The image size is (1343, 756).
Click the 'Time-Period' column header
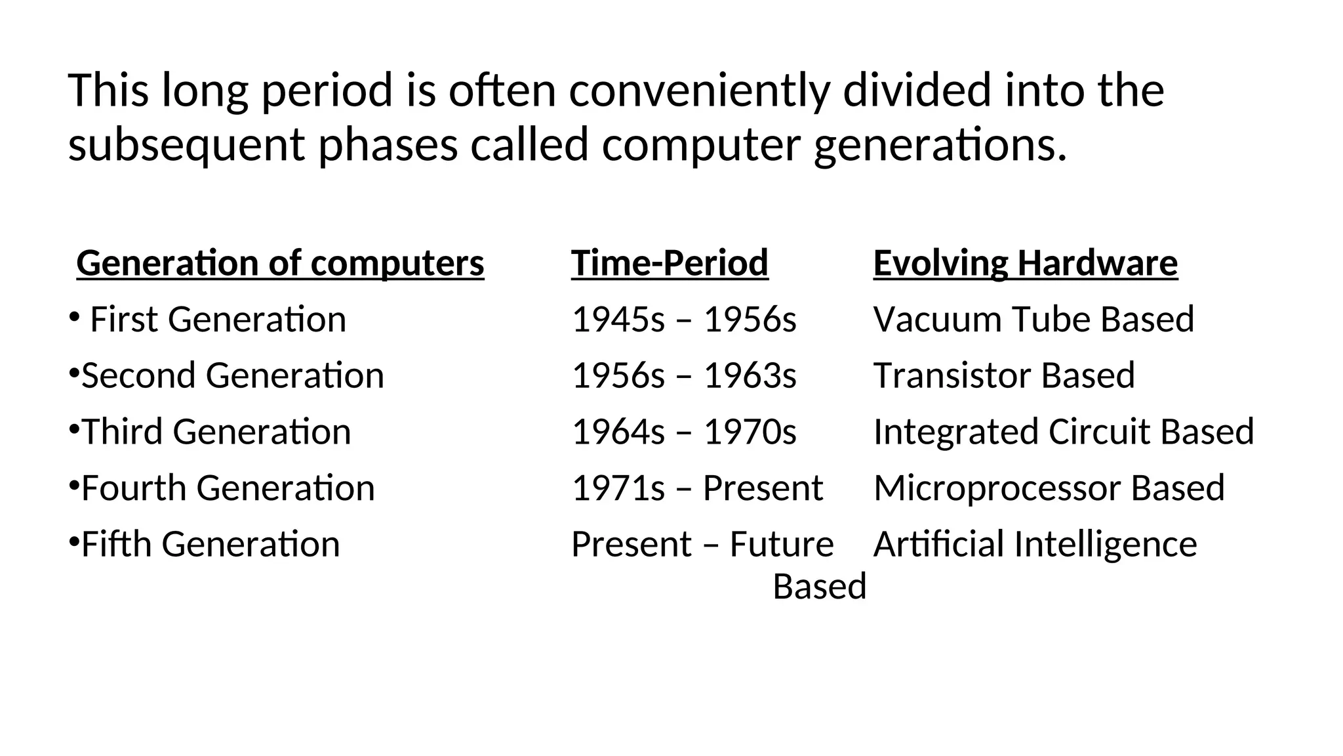(x=670, y=263)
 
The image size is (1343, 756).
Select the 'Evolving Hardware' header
(x=1025, y=263)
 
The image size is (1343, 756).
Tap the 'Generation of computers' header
(x=280, y=263)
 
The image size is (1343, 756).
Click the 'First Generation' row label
(x=218, y=320)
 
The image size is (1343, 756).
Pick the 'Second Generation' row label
(x=232, y=376)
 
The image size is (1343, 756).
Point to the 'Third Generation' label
(x=216, y=432)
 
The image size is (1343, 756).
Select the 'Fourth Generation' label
(x=228, y=488)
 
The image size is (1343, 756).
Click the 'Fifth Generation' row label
(x=210, y=545)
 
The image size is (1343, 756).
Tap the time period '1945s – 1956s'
(x=684, y=320)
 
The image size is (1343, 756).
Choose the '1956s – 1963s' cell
(x=684, y=376)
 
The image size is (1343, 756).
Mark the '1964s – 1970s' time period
(x=684, y=432)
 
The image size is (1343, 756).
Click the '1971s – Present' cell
(x=697, y=488)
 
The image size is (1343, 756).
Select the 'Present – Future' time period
(x=702, y=545)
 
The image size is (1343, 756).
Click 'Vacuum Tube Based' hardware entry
(x=1033, y=320)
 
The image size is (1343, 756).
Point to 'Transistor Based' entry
(x=1004, y=376)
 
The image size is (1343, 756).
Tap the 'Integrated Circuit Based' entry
(x=1064, y=432)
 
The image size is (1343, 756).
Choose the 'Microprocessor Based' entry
(x=1049, y=488)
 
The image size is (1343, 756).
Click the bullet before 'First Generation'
(x=73, y=317)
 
